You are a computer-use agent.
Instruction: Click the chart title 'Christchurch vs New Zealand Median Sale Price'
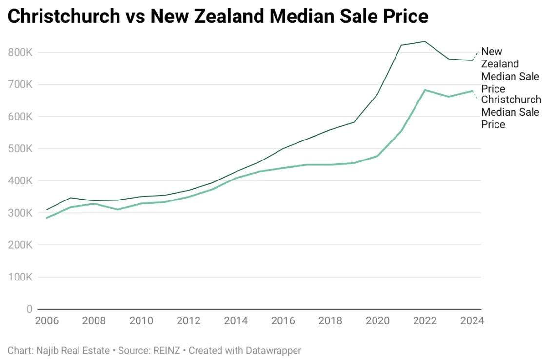(218, 17)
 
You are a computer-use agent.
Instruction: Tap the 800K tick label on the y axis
(20, 52)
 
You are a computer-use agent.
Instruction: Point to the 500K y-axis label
(20, 149)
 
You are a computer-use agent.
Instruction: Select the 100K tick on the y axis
(20, 277)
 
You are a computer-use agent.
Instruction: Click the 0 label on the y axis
(29, 309)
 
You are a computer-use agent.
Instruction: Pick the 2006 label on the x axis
(47, 321)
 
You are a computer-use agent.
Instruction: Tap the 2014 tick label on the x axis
(236, 321)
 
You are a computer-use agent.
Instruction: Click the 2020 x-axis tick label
(377, 321)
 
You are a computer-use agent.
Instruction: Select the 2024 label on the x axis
(472, 321)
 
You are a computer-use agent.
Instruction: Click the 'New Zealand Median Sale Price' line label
(510, 70)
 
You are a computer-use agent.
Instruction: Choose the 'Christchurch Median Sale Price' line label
(511, 112)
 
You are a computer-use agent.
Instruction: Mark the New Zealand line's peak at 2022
(425, 41)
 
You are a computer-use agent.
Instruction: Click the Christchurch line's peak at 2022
(425, 90)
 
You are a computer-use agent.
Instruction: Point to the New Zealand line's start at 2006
(47, 210)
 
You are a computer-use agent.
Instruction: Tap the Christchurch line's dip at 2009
(118, 209)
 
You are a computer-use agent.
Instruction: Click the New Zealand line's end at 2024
(472, 60)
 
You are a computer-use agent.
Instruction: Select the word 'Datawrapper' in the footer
(275, 350)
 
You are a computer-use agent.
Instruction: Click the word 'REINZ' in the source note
(170, 350)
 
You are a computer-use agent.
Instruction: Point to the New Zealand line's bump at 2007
(71, 198)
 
